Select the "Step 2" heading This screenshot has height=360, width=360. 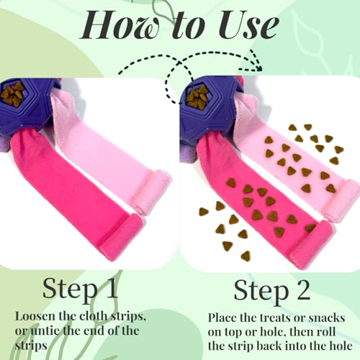pyautogui.click(x=272, y=291)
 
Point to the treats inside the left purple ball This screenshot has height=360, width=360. pyautogui.click(x=12, y=94)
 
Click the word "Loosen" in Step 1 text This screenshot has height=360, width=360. pyautogui.click(x=35, y=316)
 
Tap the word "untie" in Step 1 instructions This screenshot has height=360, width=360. pyautogui.click(x=45, y=330)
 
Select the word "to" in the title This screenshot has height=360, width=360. pyautogui.click(x=189, y=27)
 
